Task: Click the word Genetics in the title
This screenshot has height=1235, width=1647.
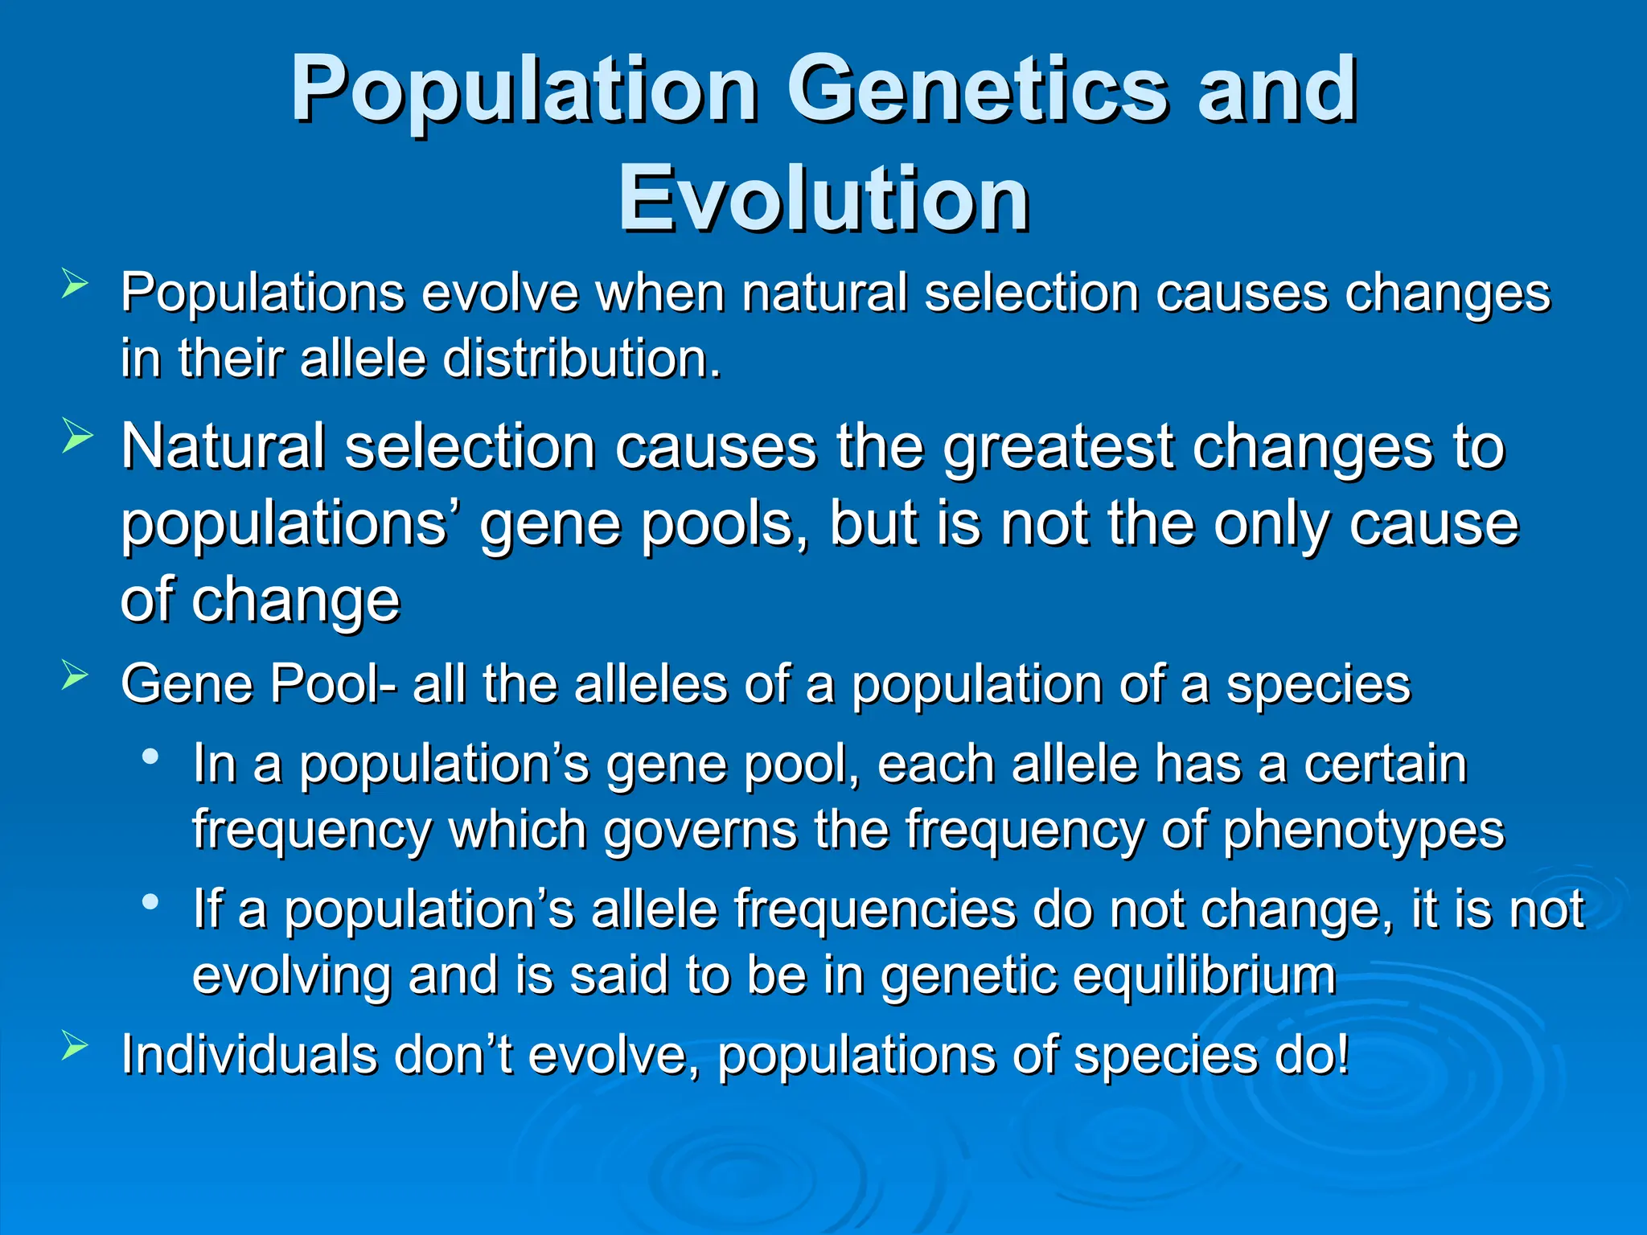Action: click(977, 90)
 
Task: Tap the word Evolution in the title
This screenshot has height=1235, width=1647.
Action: click(823, 199)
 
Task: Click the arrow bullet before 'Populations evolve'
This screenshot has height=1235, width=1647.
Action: click(74, 285)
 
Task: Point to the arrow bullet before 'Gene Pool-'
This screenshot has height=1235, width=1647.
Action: click(74, 675)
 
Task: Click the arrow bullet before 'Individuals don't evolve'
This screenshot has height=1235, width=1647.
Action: click(74, 1046)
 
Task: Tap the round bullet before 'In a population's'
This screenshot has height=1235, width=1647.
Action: click(150, 756)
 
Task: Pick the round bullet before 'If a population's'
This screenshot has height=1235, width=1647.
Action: click(150, 902)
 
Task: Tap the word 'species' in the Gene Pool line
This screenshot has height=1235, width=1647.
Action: click(1318, 684)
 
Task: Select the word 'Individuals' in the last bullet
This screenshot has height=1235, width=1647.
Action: click(248, 1054)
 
